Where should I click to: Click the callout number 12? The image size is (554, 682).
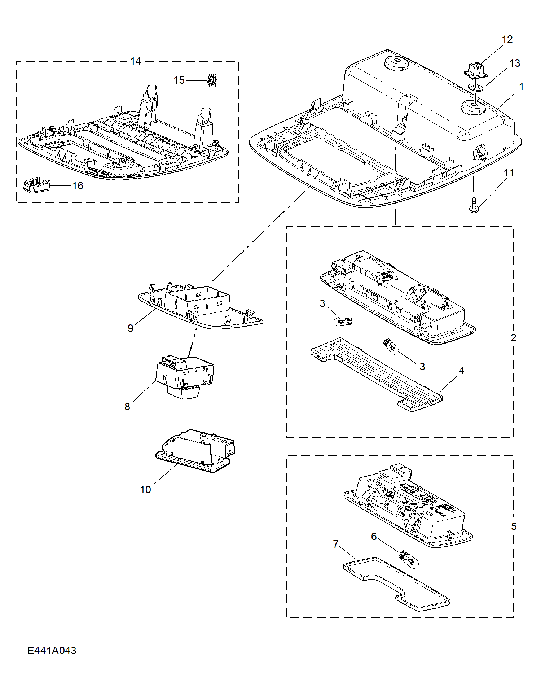click(507, 39)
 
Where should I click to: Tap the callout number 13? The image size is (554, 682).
click(515, 63)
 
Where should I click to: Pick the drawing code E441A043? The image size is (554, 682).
click(52, 650)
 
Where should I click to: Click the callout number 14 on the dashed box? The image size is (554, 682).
click(136, 61)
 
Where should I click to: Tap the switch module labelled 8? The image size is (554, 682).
click(184, 377)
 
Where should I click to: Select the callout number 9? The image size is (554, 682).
click(131, 328)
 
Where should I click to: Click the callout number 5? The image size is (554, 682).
click(514, 526)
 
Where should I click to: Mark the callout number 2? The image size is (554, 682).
click(514, 338)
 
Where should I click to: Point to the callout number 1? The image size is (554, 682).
click(522, 87)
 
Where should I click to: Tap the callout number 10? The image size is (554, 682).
click(145, 490)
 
